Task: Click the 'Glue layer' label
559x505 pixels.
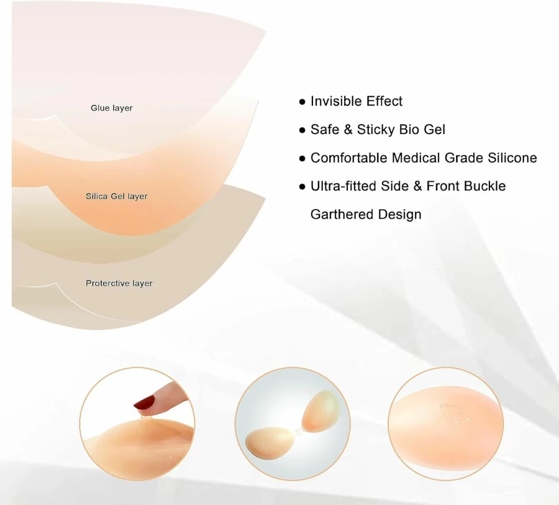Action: pos(112,108)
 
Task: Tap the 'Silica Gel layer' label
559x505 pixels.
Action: pos(117,196)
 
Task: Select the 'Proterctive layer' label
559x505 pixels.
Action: pos(119,283)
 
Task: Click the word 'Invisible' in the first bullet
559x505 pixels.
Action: pos(336,101)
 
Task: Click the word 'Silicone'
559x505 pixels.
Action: pos(512,158)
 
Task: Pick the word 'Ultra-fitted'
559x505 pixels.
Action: pos(343,186)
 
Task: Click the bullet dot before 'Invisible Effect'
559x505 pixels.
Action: pos(302,102)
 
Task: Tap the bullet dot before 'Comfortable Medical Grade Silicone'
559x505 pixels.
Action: pos(302,159)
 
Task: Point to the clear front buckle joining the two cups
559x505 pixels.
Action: pos(298,431)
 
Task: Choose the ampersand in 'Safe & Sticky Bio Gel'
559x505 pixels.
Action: pos(348,130)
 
